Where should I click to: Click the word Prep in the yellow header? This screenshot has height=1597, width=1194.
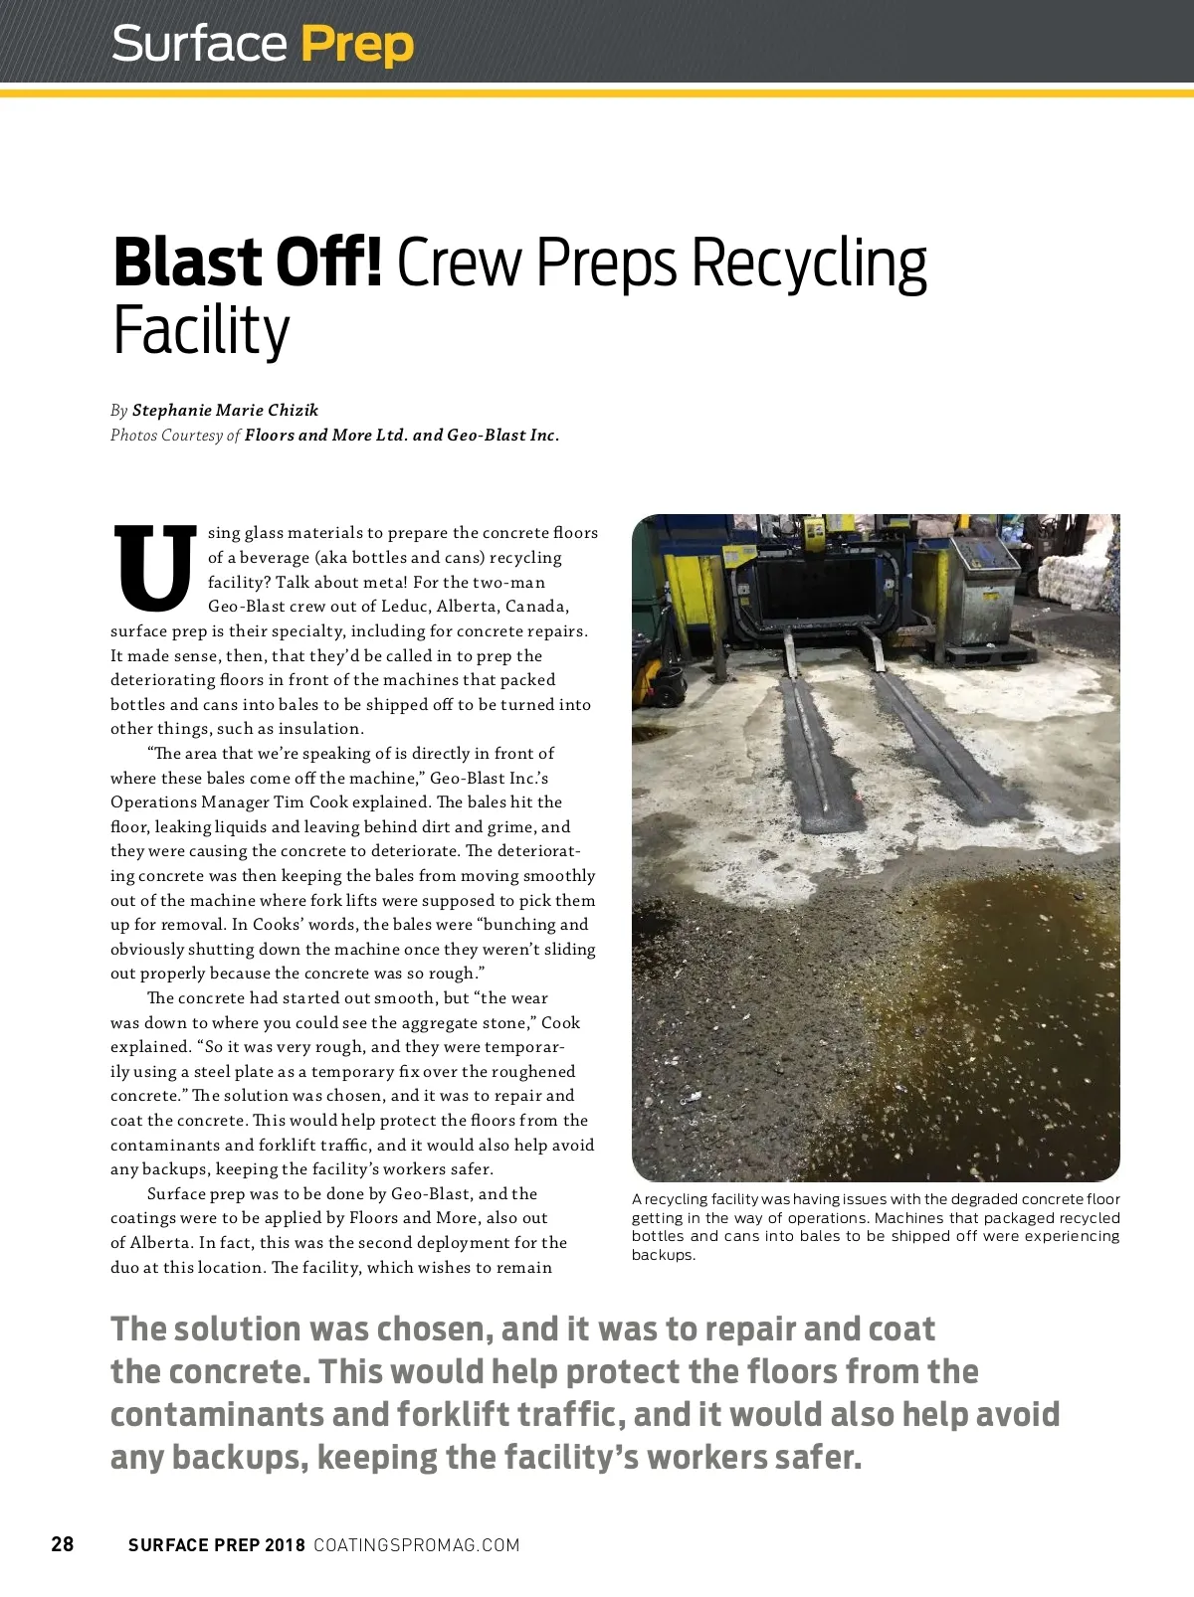tap(356, 45)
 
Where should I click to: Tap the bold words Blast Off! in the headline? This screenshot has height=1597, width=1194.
tap(247, 264)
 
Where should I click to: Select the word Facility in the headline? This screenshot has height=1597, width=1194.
tap(201, 330)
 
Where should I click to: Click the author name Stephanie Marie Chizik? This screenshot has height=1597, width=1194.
tap(225, 411)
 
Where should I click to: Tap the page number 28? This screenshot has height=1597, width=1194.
tap(63, 1544)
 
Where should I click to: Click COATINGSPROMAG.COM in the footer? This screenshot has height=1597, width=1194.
tap(416, 1545)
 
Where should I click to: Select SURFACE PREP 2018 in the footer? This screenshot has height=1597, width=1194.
tap(217, 1545)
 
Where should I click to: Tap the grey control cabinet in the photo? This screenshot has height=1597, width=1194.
tap(983, 587)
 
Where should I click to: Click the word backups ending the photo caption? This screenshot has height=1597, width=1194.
tap(663, 1255)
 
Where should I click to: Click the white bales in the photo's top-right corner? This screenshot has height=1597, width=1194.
tap(1080, 577)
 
